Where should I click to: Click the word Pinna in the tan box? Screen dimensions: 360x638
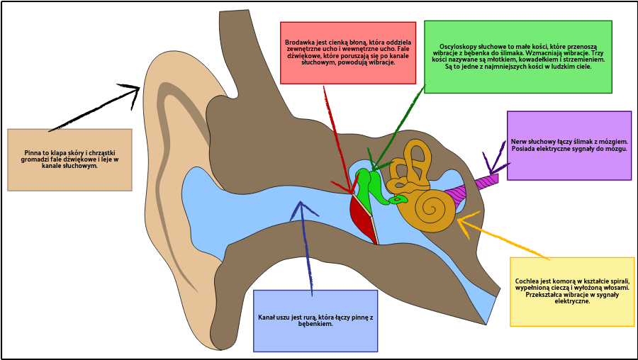coord(33,152)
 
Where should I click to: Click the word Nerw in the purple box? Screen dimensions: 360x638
coord(519,141)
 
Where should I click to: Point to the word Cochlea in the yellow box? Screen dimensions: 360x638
coord(529,281)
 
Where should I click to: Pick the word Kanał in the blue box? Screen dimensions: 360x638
coord(268,317)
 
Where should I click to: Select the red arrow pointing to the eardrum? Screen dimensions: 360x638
coord(338,142)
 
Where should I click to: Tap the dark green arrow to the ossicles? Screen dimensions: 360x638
coord(397,128)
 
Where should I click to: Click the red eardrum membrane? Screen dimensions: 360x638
coord(362,220)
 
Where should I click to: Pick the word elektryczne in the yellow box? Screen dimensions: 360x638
coord(572,301)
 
